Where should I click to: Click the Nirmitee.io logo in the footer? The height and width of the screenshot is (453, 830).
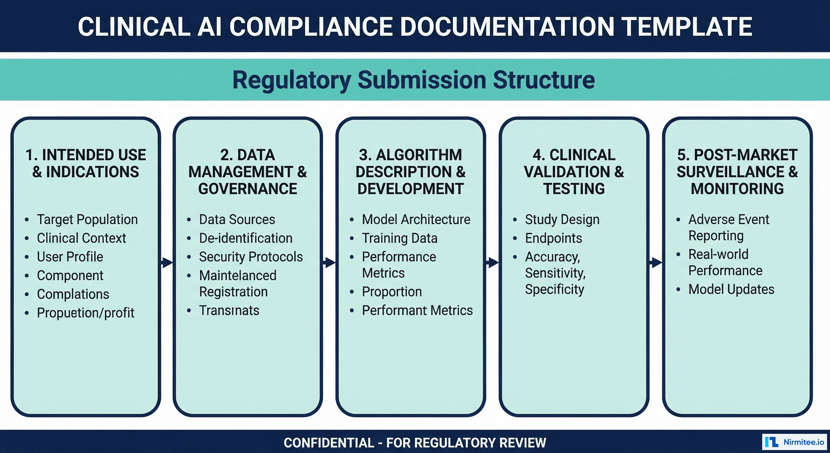pyautogui.click(x=794, y=442)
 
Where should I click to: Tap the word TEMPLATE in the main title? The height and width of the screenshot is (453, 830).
pyautogui.click(x=686, y=27)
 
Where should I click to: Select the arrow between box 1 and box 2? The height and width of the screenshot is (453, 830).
pyautogui.click(x=167, y=262)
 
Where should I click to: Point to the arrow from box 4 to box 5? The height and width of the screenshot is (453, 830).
pyautogui.click(x=656, y=262)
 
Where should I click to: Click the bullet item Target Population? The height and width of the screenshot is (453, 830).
pyautogui.click(x=87, y=219)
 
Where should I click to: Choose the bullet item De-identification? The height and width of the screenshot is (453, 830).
pyautogui.click(x=246, y=238)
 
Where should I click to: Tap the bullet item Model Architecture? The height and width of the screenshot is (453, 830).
pyautogui.click(x=416, y=219)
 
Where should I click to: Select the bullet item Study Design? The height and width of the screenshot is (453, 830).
pyautogui.click(x=562, y=219)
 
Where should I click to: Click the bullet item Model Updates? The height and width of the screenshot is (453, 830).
pyautogui.click(x=731, y=289)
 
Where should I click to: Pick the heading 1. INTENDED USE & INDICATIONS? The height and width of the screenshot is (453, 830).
pyautogui.click(x=86, y=163)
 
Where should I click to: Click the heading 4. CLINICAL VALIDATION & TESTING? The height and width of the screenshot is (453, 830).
pyautogui.click(x=574, y=172)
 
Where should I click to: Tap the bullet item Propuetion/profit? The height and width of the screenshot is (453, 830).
pyautogui.click(x=85, y=313)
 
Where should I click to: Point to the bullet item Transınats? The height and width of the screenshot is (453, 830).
pyautogui.click(x=229, y=311)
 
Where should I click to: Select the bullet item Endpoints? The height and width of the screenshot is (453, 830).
pyautogui.click(x=553, y=238)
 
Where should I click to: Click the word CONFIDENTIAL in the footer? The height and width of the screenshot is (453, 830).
pyautogui.click(x=329, y=443)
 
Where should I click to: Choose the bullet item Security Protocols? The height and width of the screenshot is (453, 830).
pyautogui.click(x=251, y=257)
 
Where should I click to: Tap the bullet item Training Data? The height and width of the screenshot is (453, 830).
pyautogui.click(x=400, y=238)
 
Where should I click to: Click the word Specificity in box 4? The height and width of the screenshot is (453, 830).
pyautogui.click(x=554, y=289)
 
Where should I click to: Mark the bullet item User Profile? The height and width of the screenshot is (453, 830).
pyautogui.click(x=70, y=257)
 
